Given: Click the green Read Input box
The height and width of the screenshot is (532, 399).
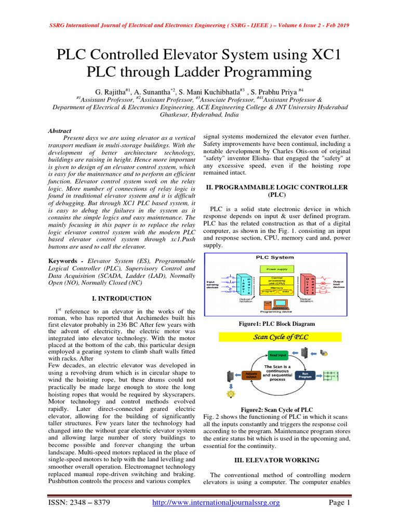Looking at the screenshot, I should click(x=278, y=355).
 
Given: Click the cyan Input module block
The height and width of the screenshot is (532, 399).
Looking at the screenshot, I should click(x=242, y=285).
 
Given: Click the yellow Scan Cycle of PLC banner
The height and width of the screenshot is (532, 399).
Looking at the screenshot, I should click(x=277, y=337).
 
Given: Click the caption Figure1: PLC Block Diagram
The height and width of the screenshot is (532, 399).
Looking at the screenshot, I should click(x=277, y=324).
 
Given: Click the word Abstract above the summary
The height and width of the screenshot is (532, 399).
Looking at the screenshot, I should click(x=59, y=131).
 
